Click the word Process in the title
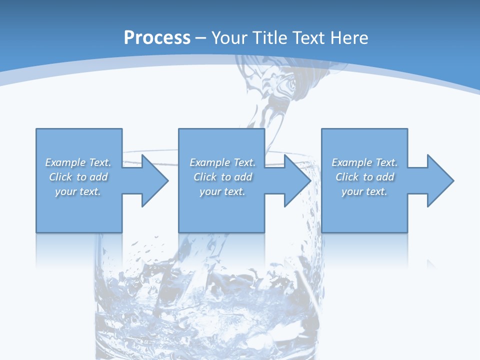point(157,38)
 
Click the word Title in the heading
point(271,38)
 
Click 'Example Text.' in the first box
point(78,162)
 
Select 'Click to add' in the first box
point(78,177)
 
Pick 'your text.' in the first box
point(78,191)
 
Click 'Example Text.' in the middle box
point(222,162)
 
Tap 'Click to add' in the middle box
point(222,177)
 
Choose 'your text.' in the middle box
point(222,191)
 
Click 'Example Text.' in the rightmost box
point(364,162)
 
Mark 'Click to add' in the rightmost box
point(364,177)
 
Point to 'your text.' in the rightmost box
point(364,191)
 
